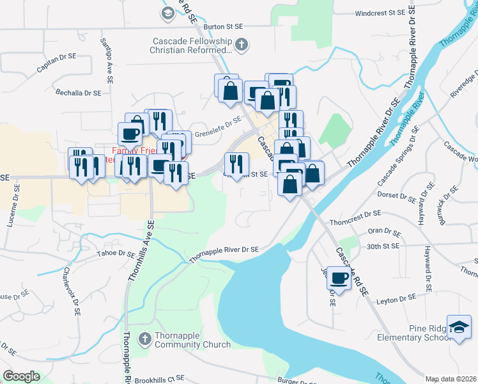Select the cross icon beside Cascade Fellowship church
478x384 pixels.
pos(241,45)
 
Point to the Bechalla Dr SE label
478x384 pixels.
pos(78,93)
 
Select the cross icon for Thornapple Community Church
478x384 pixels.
pos(145,339)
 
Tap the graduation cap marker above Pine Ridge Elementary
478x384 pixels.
pos(459,327)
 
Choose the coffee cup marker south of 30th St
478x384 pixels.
pos(339,278)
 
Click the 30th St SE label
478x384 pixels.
pos(383,246)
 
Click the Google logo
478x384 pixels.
pos(21,376)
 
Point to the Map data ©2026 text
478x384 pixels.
pos(451,379)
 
